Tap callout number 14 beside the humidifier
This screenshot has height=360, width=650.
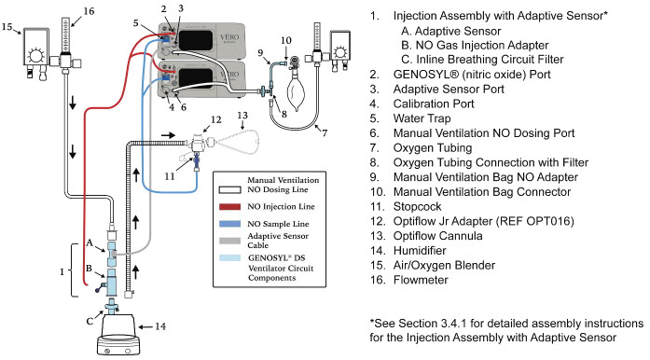click(160, 326)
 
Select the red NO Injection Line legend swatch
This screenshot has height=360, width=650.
click(229, 206)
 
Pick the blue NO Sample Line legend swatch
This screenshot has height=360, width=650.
click(229, 224)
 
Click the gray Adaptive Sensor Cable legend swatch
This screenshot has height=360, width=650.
click(229, 241)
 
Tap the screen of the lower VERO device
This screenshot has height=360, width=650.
click(196, 79)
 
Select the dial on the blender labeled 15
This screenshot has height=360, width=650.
click(36, 55)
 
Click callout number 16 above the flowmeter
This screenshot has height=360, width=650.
click(89, 11)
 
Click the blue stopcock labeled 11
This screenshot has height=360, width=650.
click(197, 160)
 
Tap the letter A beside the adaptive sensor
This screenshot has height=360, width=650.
click(90, 242)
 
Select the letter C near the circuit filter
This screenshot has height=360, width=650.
click(90, 321)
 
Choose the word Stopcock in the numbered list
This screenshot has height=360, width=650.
click(417, 206)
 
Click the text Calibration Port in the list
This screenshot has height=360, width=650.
click(434, 104)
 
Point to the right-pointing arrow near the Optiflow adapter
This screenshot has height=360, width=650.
click(168, 135)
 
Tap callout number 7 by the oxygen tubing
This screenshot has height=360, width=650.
click(325, 132)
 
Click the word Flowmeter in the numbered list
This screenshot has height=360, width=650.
click(421, 280)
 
